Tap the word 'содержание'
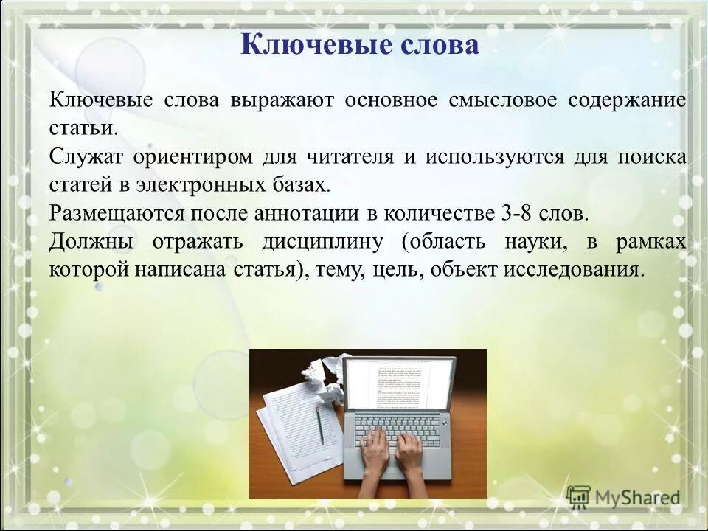(627, 100)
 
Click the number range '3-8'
(517, 213)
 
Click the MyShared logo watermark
(624, 497)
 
